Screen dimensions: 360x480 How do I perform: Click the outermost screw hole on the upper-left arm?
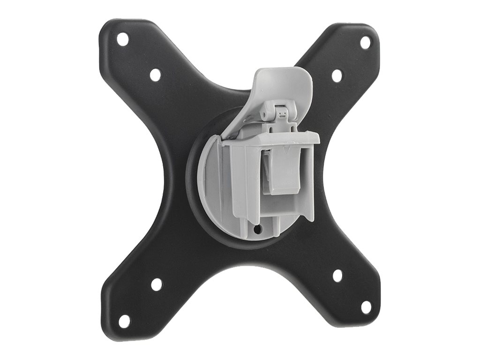(x=122, y=39)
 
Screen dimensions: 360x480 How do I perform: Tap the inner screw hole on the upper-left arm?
(x=155, y=75)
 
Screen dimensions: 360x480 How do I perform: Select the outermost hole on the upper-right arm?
(x=365, y=42)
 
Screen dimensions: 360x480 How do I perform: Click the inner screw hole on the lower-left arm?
(x=157, y=284)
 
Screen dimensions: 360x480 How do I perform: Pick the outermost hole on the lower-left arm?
(x=124, y=321)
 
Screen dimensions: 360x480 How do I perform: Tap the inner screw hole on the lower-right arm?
(x=337, y=276)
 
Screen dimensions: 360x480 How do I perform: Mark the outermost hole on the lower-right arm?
(x=366, y=307)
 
